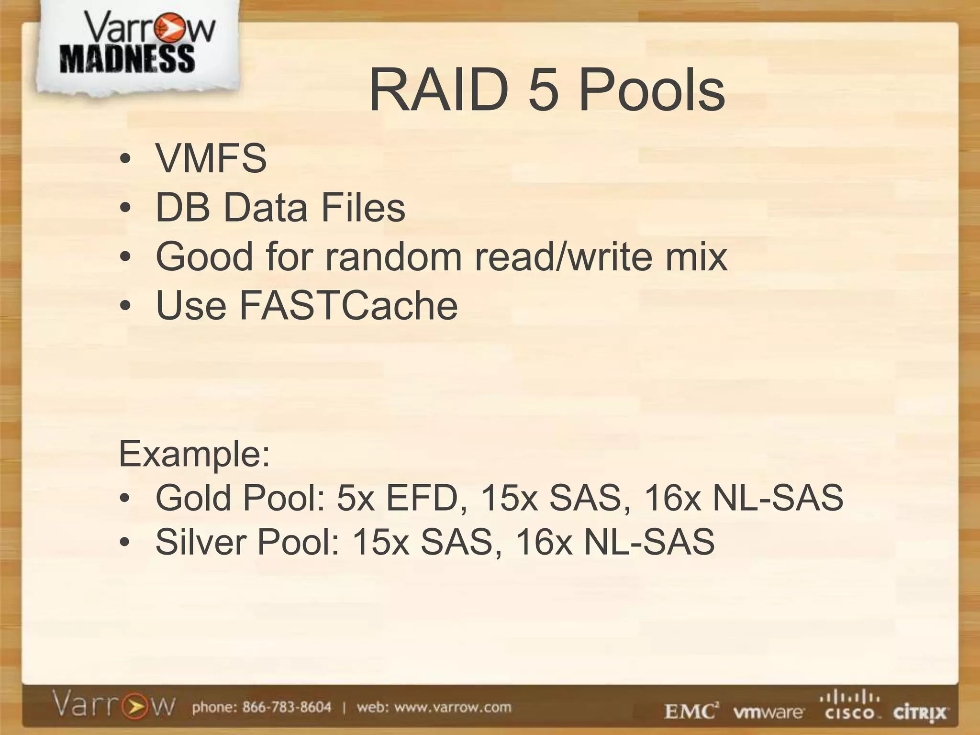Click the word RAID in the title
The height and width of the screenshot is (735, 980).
tap(438, 90)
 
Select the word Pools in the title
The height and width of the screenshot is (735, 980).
tap(652, 90)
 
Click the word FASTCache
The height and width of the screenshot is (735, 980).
tap(348, 306)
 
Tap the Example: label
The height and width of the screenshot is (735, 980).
tap(194, 454)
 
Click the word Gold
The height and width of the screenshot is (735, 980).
tap(195, 498)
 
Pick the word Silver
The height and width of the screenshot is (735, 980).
tap(202, 542)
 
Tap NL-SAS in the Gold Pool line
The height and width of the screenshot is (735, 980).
tap(778, 498)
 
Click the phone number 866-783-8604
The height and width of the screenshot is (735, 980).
tap(287, 707)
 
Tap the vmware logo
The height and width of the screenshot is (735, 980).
tap(768, 713)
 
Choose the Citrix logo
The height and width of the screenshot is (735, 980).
tap(919, 713)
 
